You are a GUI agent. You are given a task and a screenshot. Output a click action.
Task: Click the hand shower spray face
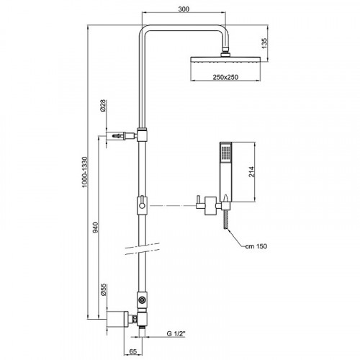[225, 153]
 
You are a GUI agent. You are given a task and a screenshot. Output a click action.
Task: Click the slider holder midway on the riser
[143, 205]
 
